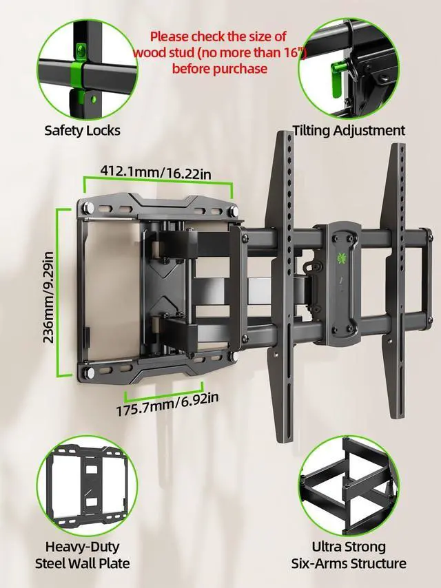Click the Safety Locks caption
[82, 130]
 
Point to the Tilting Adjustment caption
[349, 130]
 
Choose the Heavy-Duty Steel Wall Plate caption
[83, 555]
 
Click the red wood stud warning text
[219, 52]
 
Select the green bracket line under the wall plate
[163, 394]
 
